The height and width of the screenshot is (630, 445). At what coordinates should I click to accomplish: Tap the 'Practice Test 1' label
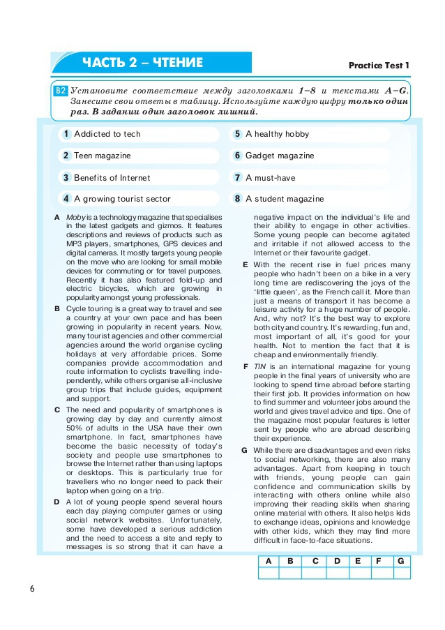coord(379,66)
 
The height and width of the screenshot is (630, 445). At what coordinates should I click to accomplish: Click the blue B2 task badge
coord(61,90)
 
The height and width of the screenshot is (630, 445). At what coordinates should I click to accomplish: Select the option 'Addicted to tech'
coord(107,134)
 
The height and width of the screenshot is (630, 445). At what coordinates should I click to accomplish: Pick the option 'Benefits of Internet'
coord(112,177)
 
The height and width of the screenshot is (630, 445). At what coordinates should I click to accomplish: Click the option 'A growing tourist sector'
coord(122,199)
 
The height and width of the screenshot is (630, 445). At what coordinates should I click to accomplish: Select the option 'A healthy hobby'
coord(277,134)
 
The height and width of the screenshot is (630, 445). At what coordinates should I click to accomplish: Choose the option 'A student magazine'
coord(285,199)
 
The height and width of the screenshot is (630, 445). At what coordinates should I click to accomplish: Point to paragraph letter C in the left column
coord(56,410)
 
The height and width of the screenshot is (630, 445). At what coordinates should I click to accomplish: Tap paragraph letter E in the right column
coord(245,265)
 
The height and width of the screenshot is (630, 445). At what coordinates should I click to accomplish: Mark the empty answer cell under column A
coord(269,573)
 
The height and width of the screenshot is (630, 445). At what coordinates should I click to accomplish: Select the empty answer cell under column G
coord(400,573)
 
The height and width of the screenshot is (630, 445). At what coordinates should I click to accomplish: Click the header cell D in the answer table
coord(337,561)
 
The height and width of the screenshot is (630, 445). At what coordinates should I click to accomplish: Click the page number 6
coord(32,588)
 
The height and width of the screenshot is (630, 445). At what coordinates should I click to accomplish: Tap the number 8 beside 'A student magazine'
coord(237,199)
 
